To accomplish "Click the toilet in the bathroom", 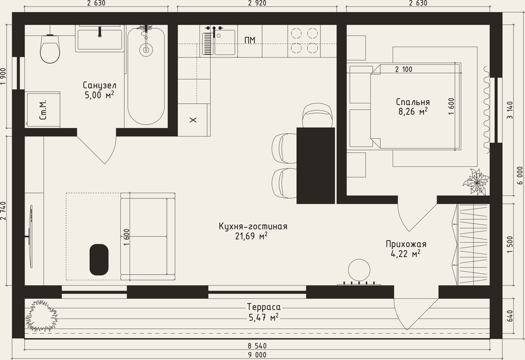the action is pyautogui.click(x=50, y=48).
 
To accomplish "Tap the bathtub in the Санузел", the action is pyautogui.click(x=146, y=76).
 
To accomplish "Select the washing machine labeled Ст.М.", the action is pyautogui.click(x=43, y=110).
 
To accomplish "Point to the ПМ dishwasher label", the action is pyautogui.click(x=250, y=40).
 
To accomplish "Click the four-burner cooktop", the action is pyautogui.click(x=304, y=41).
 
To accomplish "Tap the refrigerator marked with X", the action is pyautogui.click(x=194, y=120).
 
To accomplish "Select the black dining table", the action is pyautogui.click(x=316, y=166).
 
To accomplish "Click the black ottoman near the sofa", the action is pyautogui.click(x=99, y=260).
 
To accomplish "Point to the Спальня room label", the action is pyautogui.click(x=412, y=102).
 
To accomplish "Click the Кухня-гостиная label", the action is pyautogui.click(x=253, y=226).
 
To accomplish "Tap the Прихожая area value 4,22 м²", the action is pyautogui.click(x=405, y=254).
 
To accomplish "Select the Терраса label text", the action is pyautogui.click(x=264, y=307).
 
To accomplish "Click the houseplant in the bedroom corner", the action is pyautogui.click(x=475, y=183).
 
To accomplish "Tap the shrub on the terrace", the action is pyautogui.click(x=41, y=316).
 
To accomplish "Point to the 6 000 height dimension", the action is pyautogui.click(x=520, y=176).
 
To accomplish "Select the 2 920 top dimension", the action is pyautogui.click(x=257, y=4).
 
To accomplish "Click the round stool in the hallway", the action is pyautogui.click(x=359, y=270).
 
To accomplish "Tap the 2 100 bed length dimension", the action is pyautogui.click(x=404, y=69).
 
